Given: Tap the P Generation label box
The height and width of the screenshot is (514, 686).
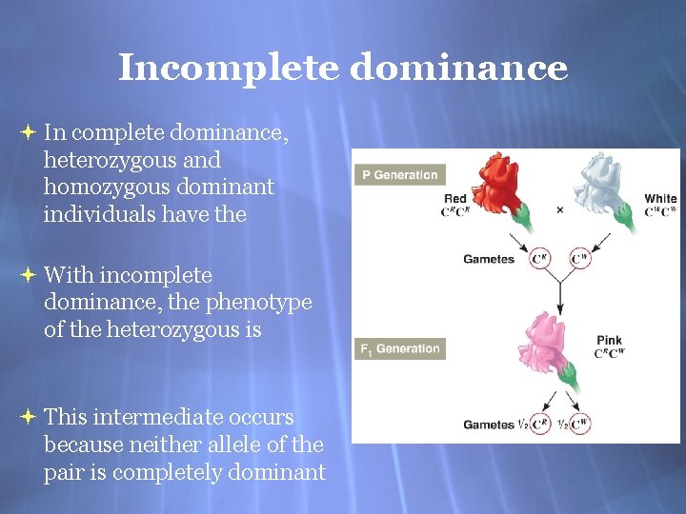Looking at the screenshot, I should pyautogui.click(x=399, y=175).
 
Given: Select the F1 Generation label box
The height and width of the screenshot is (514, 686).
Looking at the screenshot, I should pyautogui.click(x=399, y=348).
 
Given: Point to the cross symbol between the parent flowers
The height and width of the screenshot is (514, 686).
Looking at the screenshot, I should pyautogui.click(x=560, y=209).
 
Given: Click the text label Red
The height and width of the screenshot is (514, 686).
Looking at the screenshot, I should pyautogui.click(x=455, y=199).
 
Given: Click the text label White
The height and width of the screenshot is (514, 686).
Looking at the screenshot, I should pyautogui.click(x=660, y=199).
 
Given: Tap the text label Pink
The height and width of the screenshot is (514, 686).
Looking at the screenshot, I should pyautogui.click(x=609, y=340).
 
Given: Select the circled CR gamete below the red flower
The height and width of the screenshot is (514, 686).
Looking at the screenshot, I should pyautogui.click(x=540, y=259).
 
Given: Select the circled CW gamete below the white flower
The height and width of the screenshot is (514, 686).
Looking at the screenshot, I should pyautogui.click(x=579, y=259).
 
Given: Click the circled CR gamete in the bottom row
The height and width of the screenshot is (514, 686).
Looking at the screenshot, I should pyautogui.click(x=540, y=425).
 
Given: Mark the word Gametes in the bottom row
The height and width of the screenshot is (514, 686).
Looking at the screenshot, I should pyautogui.click(x=488, y=425).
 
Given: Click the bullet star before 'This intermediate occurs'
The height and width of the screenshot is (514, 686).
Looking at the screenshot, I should pyautogui.click(x=28, y=417).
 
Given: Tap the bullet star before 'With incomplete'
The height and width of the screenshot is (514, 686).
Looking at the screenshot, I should pyautogui.click(x=28, y=275).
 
